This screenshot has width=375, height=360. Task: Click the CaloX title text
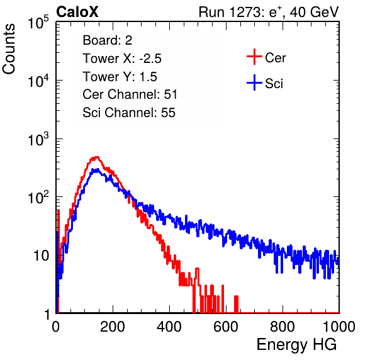click(x=77, y=12)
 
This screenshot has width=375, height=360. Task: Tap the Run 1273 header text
click(x=268, y=12)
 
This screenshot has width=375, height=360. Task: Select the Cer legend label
click(x=275, y=58)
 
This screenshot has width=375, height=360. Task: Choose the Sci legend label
click(x=274, y=84)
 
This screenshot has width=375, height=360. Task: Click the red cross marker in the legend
click(x=254, y=57)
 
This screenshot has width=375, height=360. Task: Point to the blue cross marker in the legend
click(x=254, y=82)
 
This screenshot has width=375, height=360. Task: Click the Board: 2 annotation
click(x=108, y=40)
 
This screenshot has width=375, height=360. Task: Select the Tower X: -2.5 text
click(x=122, y=58)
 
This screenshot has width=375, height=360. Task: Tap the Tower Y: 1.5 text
click(x=120, y=76)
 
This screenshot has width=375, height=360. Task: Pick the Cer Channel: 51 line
click(x=130, y=94)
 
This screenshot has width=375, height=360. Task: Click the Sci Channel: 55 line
click(x=129, y=112)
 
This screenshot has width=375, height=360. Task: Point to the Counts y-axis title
click(x=9, y=49)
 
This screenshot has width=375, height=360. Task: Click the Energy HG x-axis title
click(x=296, y=345)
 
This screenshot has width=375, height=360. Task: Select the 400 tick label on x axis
click(x=169, y=327)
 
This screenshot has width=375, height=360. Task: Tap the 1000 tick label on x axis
click(x=339, y=327)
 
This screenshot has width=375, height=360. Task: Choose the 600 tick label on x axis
click(x=226, y=327)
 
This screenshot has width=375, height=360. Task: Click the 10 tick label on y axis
click(x=42, y=256)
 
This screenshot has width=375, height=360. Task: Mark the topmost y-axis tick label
click(x=38, y=22)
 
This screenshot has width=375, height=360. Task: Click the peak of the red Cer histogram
click(x=97, y=157)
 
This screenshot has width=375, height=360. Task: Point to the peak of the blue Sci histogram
click(x=97, y=169)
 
